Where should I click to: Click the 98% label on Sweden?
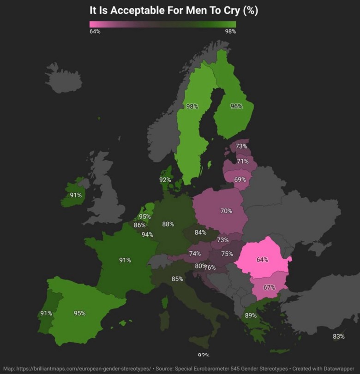point(192,107)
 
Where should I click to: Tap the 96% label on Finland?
point(236,106)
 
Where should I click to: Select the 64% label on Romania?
point(262,260)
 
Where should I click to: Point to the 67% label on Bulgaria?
point(269,287)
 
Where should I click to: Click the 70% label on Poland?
point(226,211)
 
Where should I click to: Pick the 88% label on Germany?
point(168,224)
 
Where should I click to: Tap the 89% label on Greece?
point(251,315)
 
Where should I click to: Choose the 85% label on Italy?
point(177,279)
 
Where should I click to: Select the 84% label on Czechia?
point(200,232)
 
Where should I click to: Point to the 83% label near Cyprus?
point(339,337)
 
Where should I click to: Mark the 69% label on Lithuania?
point(240,180)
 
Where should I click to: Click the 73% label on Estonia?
point(241,146)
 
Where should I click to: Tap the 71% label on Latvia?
point(243,161)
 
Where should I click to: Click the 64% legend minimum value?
point(95,31)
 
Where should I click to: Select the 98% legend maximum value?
point(230,31)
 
